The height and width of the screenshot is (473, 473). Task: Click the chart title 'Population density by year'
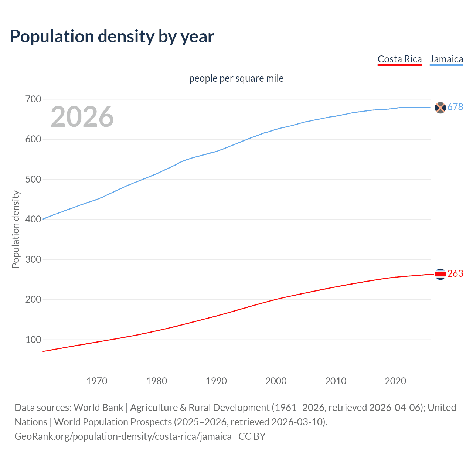click(x=112, y=37)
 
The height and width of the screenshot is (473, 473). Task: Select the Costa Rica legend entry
click(x=399, y=59)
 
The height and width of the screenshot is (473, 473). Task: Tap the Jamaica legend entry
click(x=446, y=59)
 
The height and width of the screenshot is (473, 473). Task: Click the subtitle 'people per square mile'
click(x=236, y=78)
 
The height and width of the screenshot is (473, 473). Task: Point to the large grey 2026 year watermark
click(x=82, y=117)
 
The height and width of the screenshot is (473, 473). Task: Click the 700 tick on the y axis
click(x=33, y=99)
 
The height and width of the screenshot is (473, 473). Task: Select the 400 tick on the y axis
click(x=33, y=219)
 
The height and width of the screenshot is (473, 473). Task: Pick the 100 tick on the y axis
click(x=33, y=340)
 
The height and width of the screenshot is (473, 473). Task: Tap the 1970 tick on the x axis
click(x=97, y=381)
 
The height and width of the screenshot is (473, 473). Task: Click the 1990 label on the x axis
click(x=216, y=381)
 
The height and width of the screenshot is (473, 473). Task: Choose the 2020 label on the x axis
click(x=395, y=381)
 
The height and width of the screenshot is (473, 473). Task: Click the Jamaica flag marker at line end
click(x=440, y=108)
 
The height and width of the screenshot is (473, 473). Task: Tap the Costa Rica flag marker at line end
click(x=440, y=274)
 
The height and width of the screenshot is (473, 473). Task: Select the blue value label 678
click(x=455, y=107)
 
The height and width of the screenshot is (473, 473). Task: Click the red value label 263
click(x=455, y=274)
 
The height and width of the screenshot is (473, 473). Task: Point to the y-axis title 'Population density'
click(x=16, y=229)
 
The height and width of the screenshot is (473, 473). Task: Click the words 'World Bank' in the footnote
click(x=98, y=408)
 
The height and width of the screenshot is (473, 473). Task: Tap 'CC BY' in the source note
click(x=252, y=436)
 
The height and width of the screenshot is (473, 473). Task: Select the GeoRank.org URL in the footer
click(x=123, y=436)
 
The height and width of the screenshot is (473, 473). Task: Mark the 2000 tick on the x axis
click(x=276, y=381)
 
